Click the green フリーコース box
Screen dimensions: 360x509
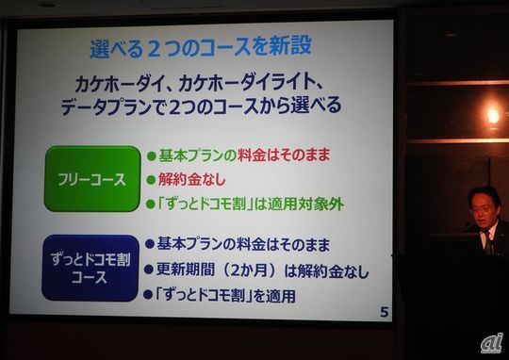(91, 179)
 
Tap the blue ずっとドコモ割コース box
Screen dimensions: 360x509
(91, 268)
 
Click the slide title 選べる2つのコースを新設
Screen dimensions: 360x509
(201, 45)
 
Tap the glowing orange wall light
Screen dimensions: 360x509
(492, 115)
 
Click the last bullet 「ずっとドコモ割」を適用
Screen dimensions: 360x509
(226, 295)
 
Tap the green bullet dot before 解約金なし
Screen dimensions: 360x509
(151, 179)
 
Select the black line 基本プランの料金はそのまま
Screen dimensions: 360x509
(243, 245)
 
